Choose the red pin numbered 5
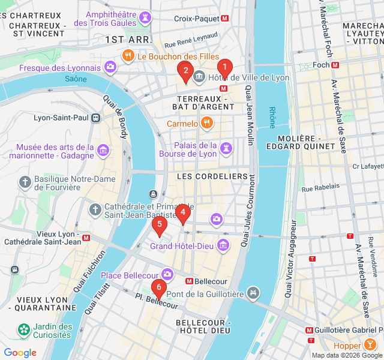click(x=159, y=226)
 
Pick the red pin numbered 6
click(x=158, y=289)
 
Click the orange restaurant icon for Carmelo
click(x=206, y=124)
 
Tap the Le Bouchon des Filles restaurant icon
click(x=128, y=56)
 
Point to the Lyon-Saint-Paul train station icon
click(x=96, y=118)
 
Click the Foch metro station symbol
click(x=335, y=65)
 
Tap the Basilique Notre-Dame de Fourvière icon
click(x=25, y=181)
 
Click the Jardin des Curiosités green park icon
click(x=23, y=329)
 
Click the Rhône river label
click(x=272, y=118)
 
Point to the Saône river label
click(x=76, y=79)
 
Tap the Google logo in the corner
click(x=20, y=353)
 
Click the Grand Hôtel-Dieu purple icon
click(x=223, y=245)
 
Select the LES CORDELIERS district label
click(x=212, y=176)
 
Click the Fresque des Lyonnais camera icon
click(x=110, y=67)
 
